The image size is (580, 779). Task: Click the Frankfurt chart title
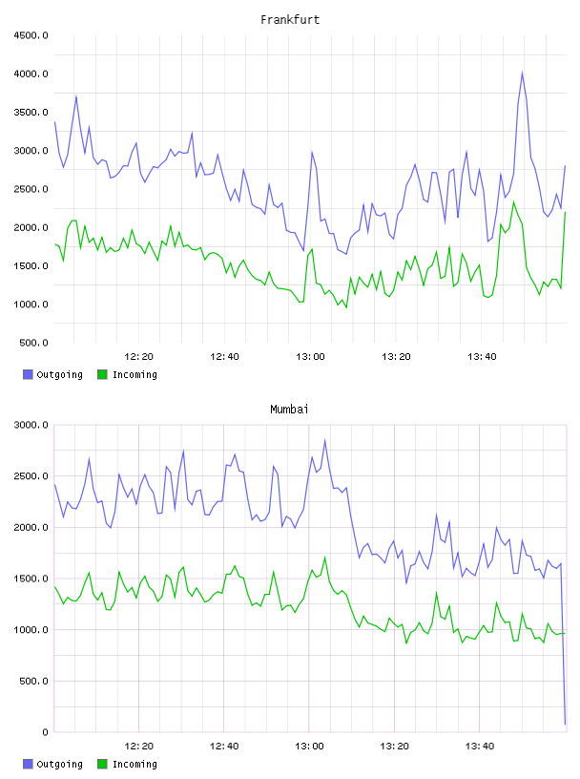290,20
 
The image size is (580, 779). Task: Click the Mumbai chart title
289,410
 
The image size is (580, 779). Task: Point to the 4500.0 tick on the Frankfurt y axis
31,35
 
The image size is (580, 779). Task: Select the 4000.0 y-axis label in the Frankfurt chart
31,74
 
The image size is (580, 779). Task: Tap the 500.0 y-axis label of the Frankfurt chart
33,343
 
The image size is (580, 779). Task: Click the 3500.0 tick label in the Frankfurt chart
31,113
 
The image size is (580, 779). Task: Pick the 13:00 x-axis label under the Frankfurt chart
310,357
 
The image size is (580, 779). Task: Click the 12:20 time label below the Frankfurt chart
138,357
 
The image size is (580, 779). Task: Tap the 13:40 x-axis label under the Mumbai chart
480,747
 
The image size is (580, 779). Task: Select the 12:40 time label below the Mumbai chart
224,747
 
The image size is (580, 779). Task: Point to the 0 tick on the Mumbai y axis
45,732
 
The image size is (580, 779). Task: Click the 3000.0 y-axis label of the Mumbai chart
31,425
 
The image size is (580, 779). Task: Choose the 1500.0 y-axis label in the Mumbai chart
31,579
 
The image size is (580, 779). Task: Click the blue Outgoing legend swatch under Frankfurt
28,374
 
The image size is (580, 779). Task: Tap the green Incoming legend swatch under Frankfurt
102,374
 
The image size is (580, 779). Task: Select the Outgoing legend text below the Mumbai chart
59,764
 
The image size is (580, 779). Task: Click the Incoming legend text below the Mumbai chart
135,764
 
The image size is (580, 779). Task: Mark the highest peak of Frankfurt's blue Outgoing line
522,73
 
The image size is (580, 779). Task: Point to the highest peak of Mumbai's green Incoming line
325,557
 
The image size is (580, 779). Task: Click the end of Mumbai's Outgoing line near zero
565,724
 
